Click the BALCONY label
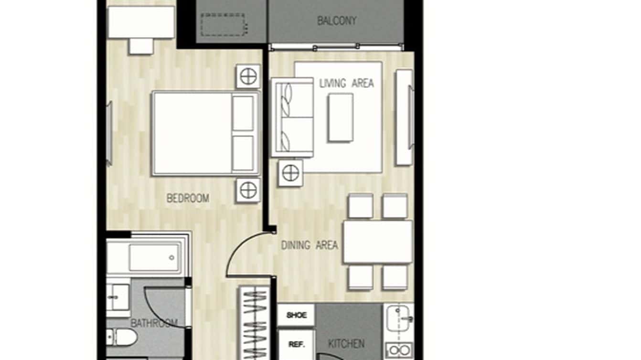coord(337,21)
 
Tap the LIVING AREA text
coord(346,83)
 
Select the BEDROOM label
coord(188,198)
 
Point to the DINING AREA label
coord(310,245)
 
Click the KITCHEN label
coord(346,343)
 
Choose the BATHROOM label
coord(154,323)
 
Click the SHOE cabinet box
coord(296,315)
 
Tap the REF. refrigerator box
coord(296,344)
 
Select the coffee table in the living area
coord(341,117)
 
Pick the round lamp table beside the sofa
coord(290,173)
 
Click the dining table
coord(377,242)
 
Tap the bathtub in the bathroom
coord(148,257)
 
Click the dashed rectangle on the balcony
coord(223,25)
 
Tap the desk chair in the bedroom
coord(141,46)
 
